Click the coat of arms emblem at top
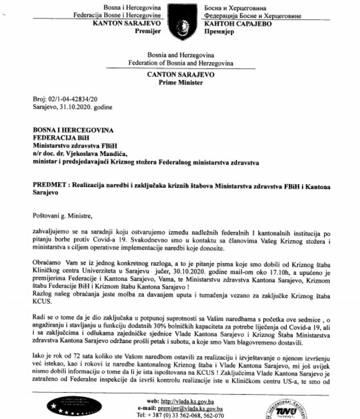pyautogui.click(x=179, y=20)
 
